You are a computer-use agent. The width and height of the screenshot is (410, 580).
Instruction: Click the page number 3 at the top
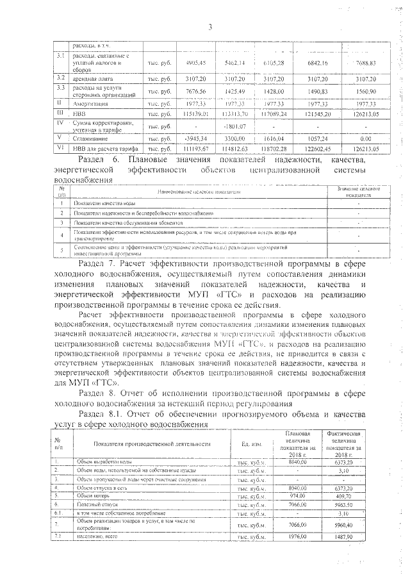tap(209, 26)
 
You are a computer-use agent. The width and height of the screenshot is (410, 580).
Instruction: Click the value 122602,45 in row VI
tap(320, 148)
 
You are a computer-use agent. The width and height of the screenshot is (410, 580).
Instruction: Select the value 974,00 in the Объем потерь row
tap(299, 495)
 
